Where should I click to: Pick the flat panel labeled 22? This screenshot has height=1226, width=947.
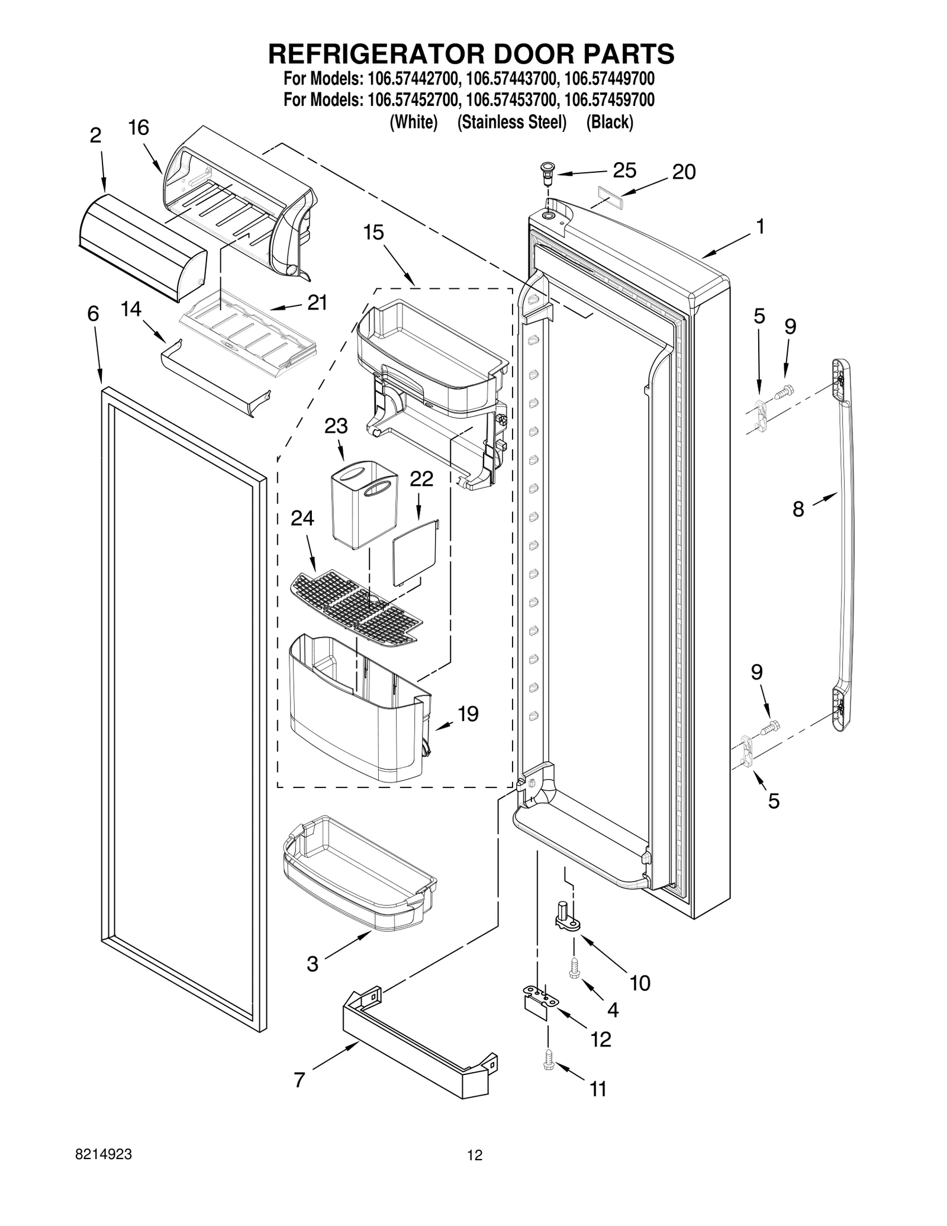point(415,554)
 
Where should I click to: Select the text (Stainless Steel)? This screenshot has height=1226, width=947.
point(511,123)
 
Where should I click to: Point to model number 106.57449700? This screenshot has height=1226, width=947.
point(610,79)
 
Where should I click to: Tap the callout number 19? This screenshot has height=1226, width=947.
point(468,714)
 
